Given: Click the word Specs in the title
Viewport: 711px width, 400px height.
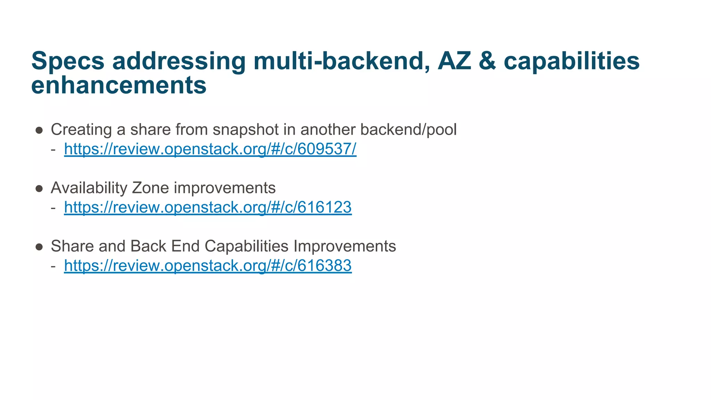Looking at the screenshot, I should coord(68,61).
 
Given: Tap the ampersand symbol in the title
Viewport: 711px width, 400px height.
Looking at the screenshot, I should coord(487,61).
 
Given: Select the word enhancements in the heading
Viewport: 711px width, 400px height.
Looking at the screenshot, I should coord(119,85).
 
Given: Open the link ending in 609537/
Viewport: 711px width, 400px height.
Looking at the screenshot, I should coord(210,149).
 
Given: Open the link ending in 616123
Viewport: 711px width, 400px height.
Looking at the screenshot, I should coord(208,208).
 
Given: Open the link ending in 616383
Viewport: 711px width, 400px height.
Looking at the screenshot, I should coord(208,266).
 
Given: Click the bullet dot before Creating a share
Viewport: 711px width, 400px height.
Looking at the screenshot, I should coord(39,130).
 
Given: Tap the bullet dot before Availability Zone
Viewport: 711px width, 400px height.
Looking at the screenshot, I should coord(39,189).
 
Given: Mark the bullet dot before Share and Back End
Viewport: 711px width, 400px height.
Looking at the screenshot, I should coord(39,247).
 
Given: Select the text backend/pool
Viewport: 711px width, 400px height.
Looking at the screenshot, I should coord(408,130).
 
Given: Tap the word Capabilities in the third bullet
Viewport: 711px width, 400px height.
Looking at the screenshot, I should coord(246,246).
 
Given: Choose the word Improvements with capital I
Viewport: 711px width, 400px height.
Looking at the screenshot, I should coord(344,246).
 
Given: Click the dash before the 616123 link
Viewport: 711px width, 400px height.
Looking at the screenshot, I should coord(53,208).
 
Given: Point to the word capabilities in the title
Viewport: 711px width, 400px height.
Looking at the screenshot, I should coord(571,61).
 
